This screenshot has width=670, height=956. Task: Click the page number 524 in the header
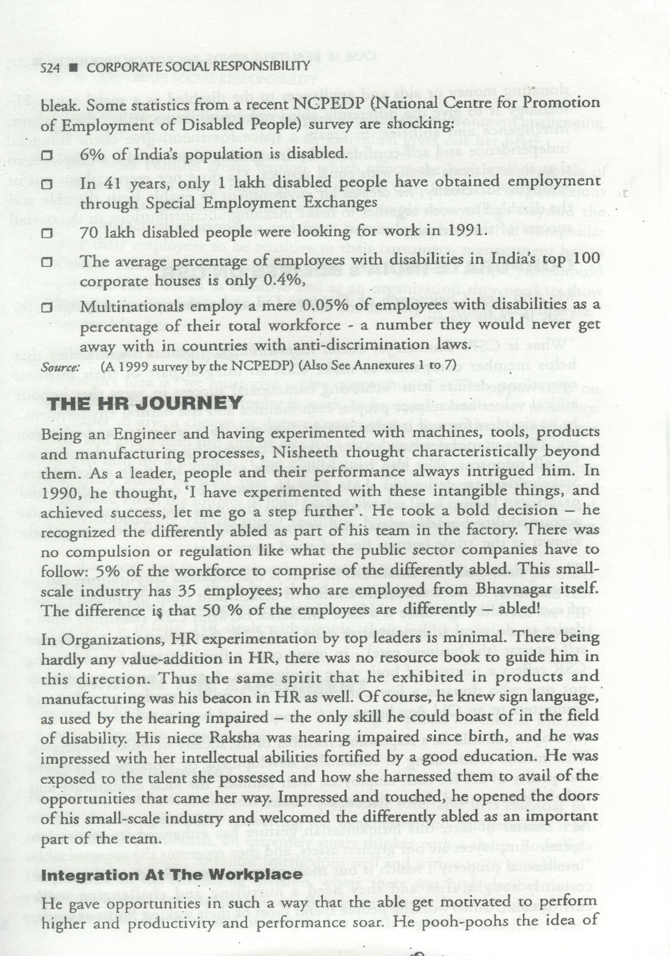(x=50, y=68)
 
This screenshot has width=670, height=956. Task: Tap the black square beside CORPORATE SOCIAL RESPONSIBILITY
(x=73, y=68)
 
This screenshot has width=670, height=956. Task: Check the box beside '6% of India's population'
(x=47, y=155)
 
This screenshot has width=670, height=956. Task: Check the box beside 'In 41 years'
(x=47, y=184)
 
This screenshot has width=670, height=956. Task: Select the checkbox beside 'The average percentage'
(x=47, y=261)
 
